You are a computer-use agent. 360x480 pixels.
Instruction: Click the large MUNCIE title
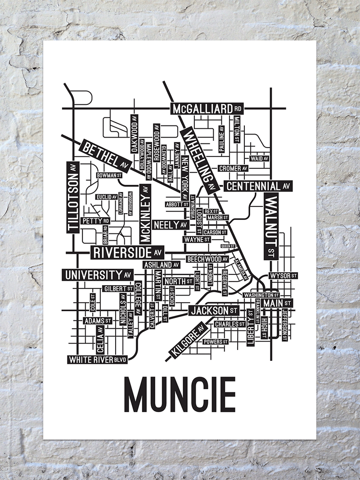tap(180, 395)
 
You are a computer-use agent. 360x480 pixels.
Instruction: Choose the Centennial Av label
tap(259, 186)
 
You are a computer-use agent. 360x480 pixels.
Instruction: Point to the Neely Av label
tap(171, 224)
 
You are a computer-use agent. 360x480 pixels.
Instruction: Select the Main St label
tap(278, 304)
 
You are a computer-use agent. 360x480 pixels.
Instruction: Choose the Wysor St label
tap(283, 275)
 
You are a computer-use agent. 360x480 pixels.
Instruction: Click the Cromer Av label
tap(233, 168)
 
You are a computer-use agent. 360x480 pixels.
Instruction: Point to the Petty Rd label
tap(95, 221)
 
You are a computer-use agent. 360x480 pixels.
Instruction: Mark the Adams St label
tap(98, 321)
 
